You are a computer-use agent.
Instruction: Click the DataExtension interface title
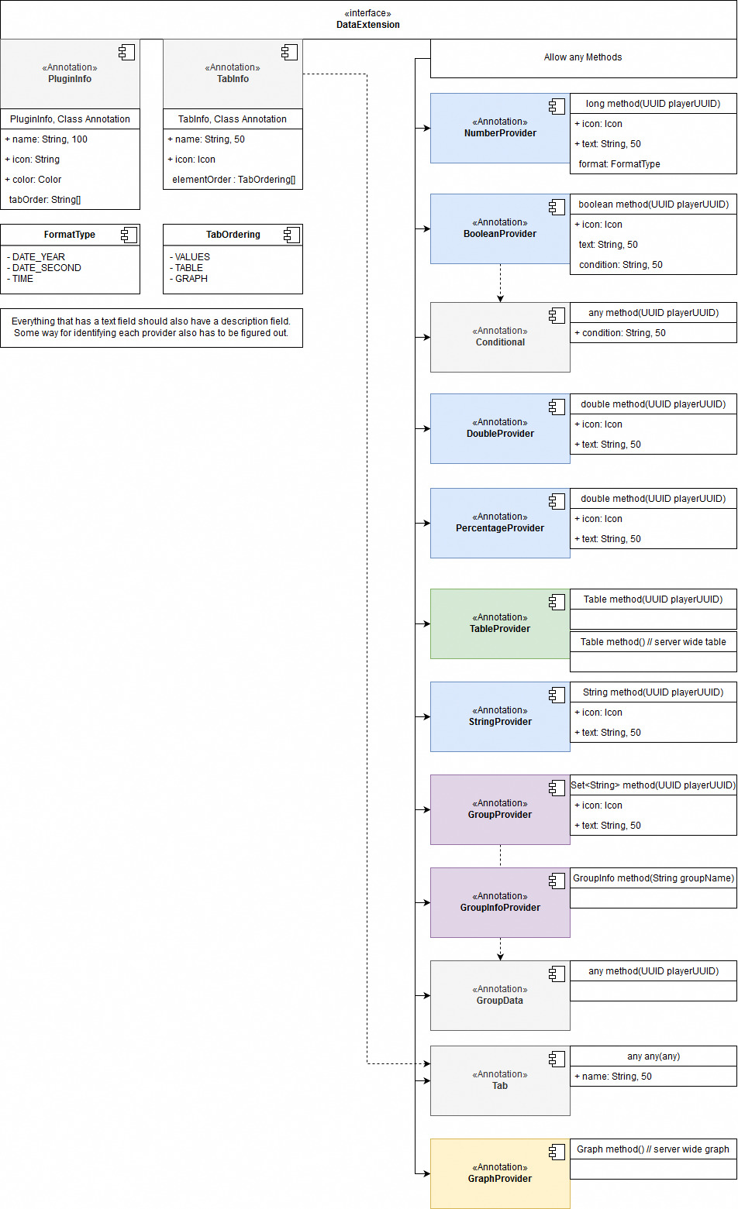(x=368, y=25)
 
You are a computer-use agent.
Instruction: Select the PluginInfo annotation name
(x=70, y=79)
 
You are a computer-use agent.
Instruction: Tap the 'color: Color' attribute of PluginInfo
(x=37, y=180)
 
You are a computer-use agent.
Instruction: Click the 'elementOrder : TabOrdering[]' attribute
(x=233, y=180)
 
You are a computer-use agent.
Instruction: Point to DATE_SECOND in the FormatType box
(x=47, y=268)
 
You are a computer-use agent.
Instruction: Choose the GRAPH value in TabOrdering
(x=191, y=279)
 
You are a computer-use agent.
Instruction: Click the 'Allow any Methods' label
(x=583, y=57)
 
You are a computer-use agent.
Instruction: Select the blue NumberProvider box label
(x=500, y=133)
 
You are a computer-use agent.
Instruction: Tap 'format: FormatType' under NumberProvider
(x=619, y=164)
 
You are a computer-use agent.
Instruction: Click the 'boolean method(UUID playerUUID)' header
(x=654, y=204)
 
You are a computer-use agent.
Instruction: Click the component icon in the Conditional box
(x=557, y=315)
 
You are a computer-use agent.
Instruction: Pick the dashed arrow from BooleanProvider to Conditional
(x=500, y=283)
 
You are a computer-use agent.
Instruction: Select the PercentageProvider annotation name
(x=500, y=528)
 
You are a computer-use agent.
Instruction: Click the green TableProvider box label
(x=500, y=629)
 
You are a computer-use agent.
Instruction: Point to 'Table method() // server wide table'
(x=654, y=642)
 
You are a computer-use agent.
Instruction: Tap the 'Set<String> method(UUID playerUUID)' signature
(x=654, y=785)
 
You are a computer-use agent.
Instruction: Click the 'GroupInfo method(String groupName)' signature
(x=654, y=878)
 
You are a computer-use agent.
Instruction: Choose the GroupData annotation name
(x=500, y=1001)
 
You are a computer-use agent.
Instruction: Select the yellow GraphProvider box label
(x=500, y=1179)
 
